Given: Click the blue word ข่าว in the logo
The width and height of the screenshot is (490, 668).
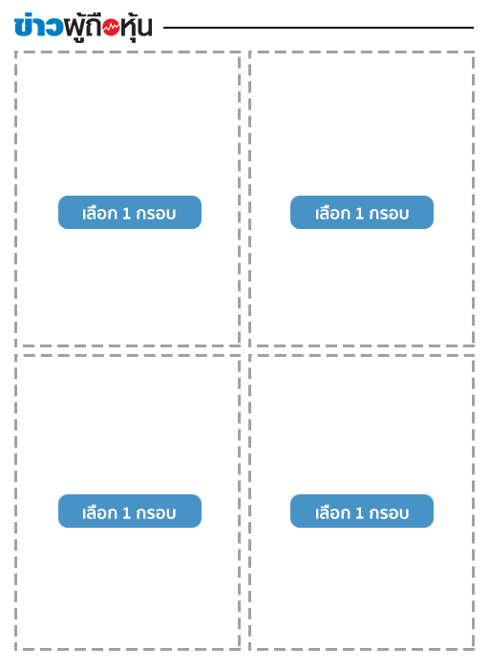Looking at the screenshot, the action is [38, 26].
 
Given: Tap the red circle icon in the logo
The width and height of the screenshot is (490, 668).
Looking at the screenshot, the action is [111, 28].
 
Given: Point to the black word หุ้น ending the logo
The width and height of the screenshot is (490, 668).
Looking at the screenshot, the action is [136, 28].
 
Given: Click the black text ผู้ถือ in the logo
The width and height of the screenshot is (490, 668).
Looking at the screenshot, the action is [83, 28].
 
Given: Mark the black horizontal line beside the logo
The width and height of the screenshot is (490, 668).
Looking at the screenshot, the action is [318, 28].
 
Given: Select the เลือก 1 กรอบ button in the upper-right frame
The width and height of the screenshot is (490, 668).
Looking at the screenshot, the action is [362, 212].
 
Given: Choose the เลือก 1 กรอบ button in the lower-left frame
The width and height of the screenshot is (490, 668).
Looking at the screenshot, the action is [130, 511].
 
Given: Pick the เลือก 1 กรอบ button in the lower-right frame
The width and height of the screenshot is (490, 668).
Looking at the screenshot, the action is [362, 511].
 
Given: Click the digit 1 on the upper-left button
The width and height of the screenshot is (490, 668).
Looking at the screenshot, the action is [126, 214].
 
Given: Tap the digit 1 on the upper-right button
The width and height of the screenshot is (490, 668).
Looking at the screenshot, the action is [359, 214].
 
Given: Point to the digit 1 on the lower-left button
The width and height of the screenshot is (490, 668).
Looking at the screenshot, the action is [126, 513].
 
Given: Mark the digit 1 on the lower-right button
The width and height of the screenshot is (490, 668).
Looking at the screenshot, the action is [359, 513].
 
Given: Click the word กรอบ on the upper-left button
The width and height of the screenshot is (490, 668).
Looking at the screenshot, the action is [156, 214].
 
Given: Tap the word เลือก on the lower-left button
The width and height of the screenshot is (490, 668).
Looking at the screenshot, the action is [99, 512].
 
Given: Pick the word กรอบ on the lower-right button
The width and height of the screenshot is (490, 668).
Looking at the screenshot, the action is [389, 513].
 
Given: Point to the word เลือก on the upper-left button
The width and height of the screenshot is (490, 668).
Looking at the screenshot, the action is [99, 213].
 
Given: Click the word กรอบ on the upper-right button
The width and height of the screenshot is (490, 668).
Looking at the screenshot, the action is [389, 214].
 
